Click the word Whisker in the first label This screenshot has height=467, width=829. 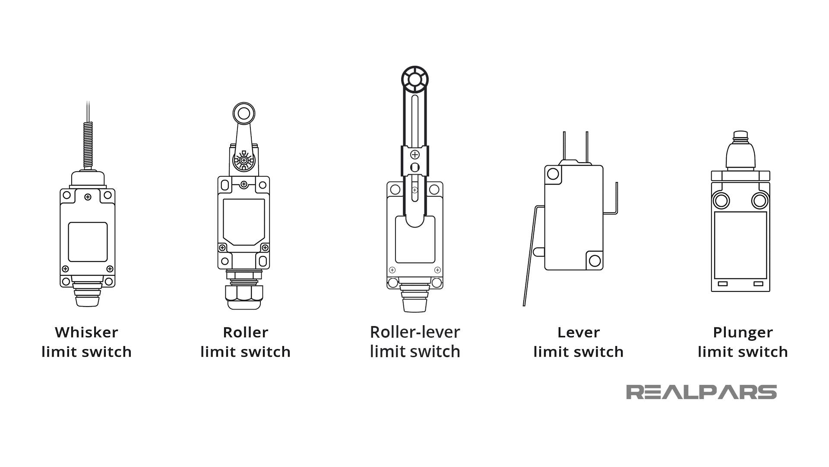point(86,333)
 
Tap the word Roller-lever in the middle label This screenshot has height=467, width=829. point(415,333)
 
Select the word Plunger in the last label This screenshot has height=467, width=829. point(743,333)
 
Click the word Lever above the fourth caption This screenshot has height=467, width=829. point(579,333)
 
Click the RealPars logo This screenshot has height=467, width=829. point(701,392)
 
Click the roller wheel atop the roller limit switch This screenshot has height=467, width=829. point(244,114)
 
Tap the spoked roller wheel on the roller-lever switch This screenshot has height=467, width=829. point(414,80)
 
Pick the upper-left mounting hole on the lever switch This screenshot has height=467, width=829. point(553,174)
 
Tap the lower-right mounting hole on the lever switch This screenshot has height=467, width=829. point(595,260)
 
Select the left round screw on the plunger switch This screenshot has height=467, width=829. point(721,201)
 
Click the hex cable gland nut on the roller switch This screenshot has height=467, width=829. point(244,294)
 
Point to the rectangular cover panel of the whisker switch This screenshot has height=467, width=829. point(88,242)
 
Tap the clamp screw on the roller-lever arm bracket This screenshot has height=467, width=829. point(415,154)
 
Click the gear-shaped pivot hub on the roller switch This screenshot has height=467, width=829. point(244,160)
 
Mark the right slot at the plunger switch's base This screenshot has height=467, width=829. point(758,284)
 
